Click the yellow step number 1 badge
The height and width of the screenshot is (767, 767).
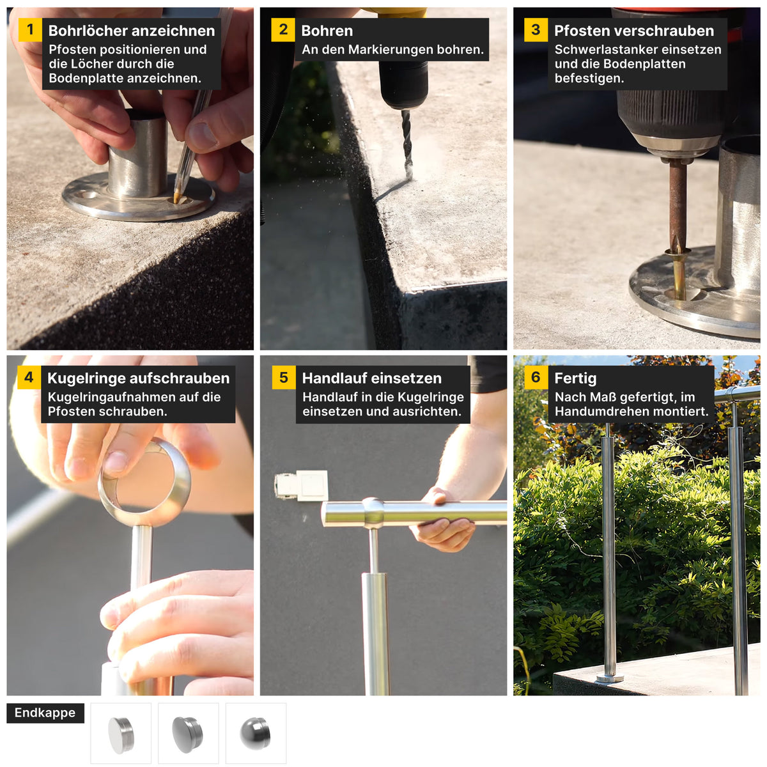pos(30,30)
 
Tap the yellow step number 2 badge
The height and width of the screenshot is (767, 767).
pos(283,30)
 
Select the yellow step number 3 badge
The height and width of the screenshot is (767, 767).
pos(536,30)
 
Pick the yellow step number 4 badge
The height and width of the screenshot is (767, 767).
pos(29,377)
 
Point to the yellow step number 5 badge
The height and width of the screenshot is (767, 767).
pos(283,377)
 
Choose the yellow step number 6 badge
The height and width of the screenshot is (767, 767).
pos(536,377)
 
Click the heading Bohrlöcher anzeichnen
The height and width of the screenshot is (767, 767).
pos(132,31)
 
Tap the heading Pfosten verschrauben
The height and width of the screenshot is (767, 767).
pos(633,31)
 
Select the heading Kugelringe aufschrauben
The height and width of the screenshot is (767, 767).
pos(139,378)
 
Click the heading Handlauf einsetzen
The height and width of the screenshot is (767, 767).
pos(372,378)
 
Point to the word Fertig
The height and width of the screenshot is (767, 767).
pos(575,378)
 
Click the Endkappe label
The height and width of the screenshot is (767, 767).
pos(45,713)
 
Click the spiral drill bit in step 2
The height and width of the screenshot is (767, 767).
pos(407,143)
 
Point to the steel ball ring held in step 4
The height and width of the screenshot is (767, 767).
pos(144,481)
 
